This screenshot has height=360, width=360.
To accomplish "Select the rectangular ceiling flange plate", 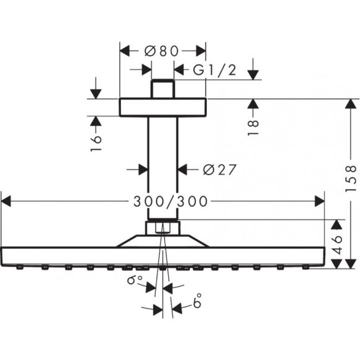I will tap(162, 107).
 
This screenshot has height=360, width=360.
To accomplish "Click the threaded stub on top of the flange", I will tap(163, 88).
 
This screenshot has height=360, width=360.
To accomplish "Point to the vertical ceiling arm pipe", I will tap(163, 168).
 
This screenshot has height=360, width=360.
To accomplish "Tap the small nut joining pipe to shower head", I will tap(162, 228).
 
